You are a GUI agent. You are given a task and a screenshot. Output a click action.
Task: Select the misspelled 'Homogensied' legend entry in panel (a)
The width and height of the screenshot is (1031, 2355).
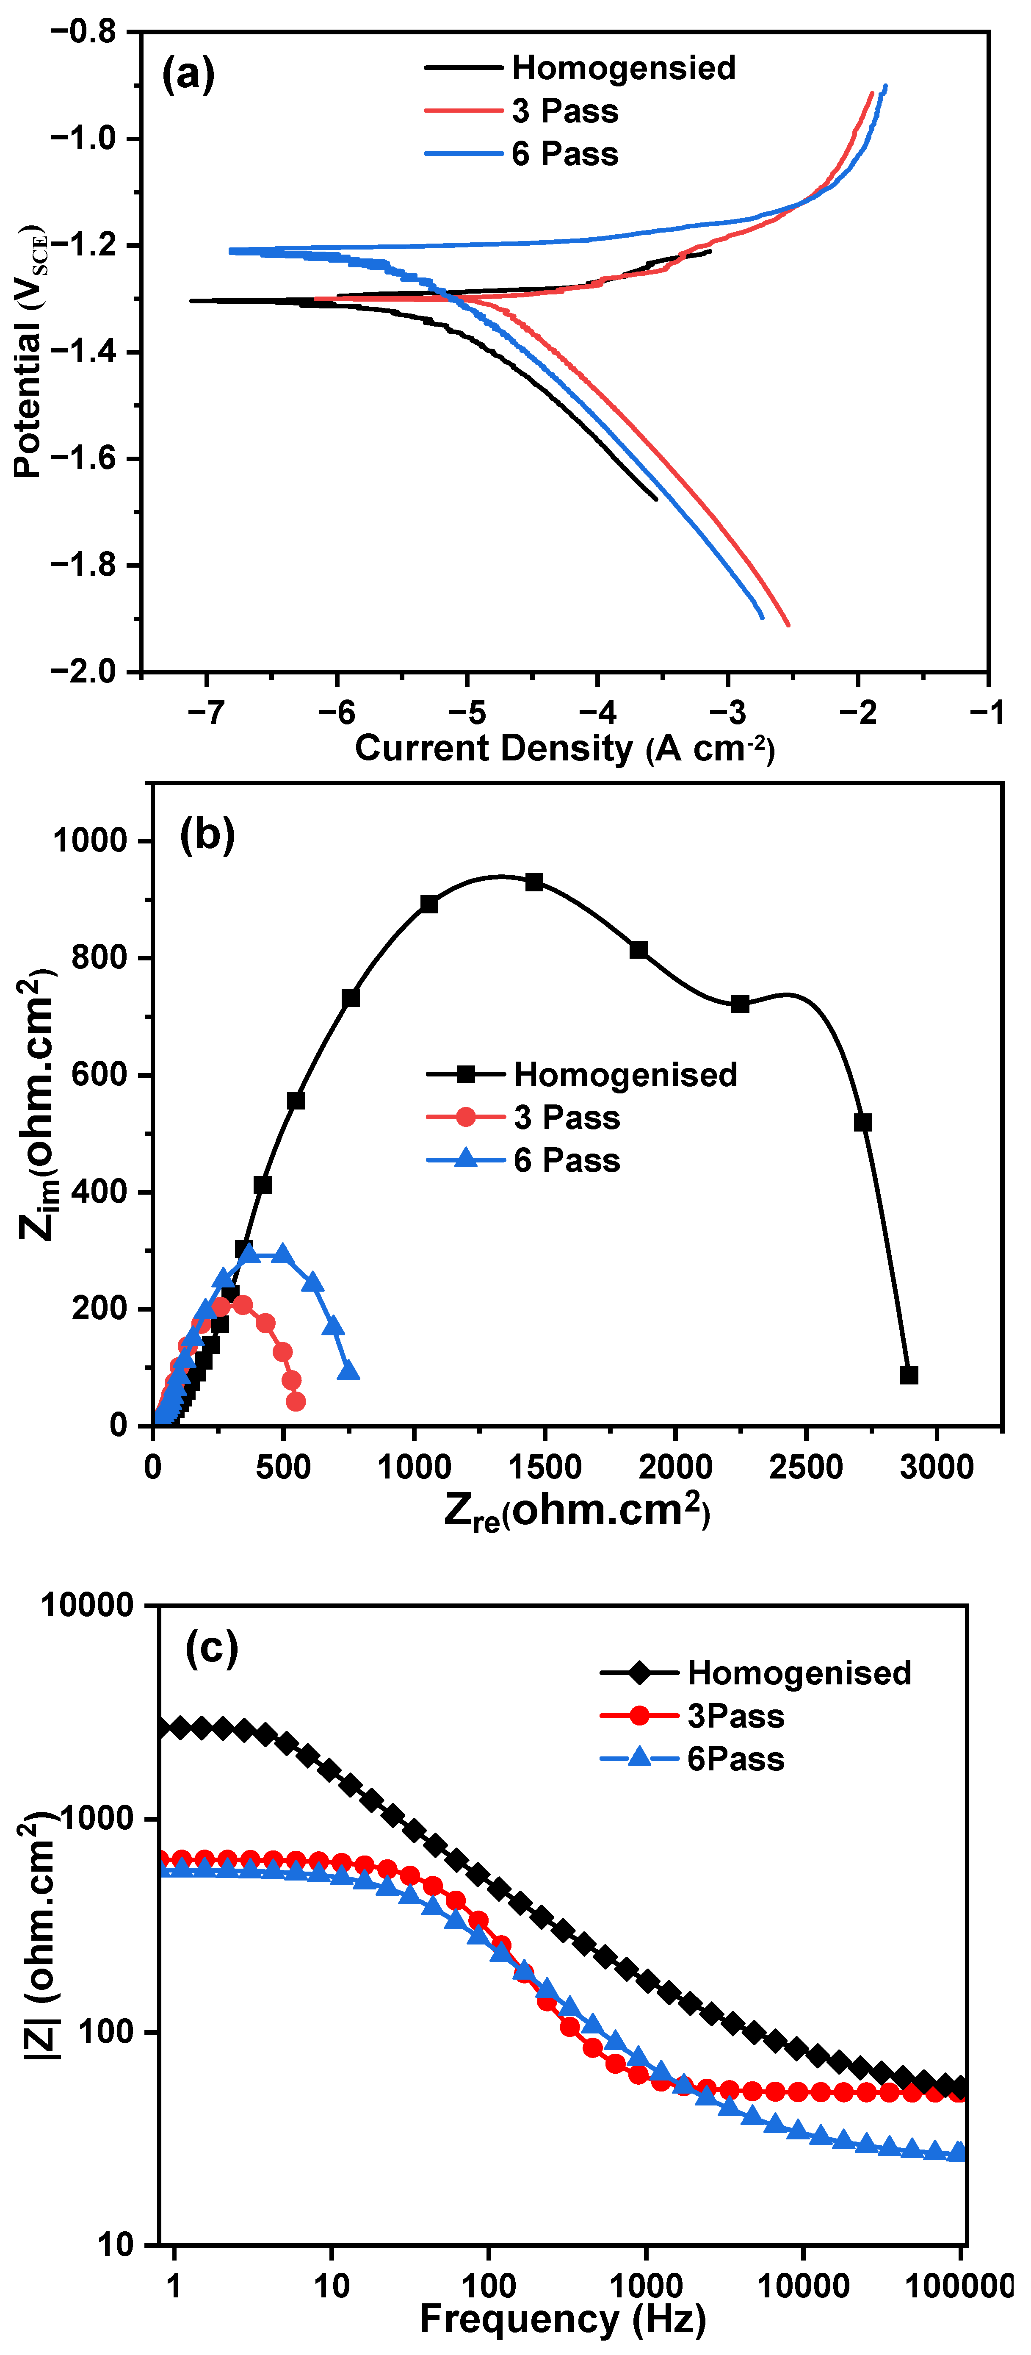coord(623,68)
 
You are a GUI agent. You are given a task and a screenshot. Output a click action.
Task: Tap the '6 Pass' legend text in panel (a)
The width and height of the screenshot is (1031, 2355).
coord(565,154)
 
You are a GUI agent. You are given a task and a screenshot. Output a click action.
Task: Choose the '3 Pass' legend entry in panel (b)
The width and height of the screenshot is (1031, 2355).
coord(567,1117)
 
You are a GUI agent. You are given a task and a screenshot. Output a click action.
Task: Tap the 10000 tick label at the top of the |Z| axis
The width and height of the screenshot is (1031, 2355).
coord(87,1604)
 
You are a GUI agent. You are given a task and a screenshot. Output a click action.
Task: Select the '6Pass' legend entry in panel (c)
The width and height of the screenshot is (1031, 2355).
coord(735,1758)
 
